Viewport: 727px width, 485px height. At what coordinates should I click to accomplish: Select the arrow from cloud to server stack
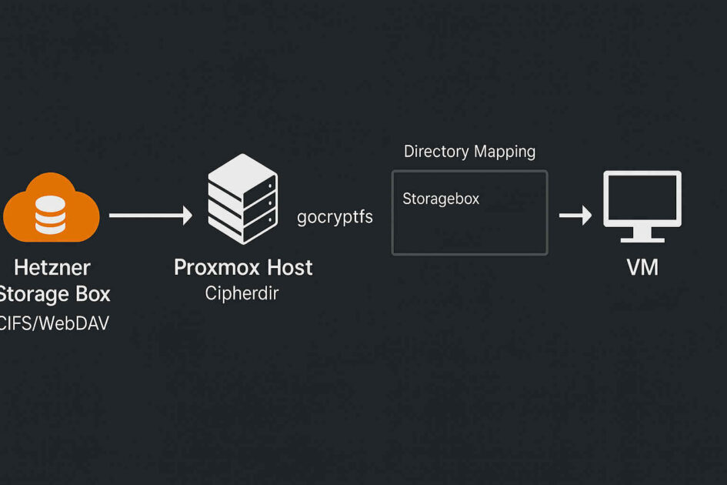tap(150, 216)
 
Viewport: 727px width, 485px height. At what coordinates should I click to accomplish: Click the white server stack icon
tap(243, 201)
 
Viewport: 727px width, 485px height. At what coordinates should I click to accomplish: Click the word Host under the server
tap(289, 268)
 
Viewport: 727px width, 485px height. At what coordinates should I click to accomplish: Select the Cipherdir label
tap(243, 294)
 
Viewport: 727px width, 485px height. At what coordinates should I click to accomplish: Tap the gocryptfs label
tap(335, 217)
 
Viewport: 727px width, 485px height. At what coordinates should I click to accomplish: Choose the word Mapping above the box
tap(504, 152)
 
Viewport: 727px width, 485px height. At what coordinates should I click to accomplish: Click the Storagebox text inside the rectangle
tap(441, 199)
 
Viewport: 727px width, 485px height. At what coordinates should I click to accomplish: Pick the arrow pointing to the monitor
tap(575, 216)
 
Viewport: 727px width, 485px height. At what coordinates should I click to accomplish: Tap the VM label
tap(642, 268)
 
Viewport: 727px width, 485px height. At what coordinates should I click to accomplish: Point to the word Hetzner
tap(52, 268)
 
